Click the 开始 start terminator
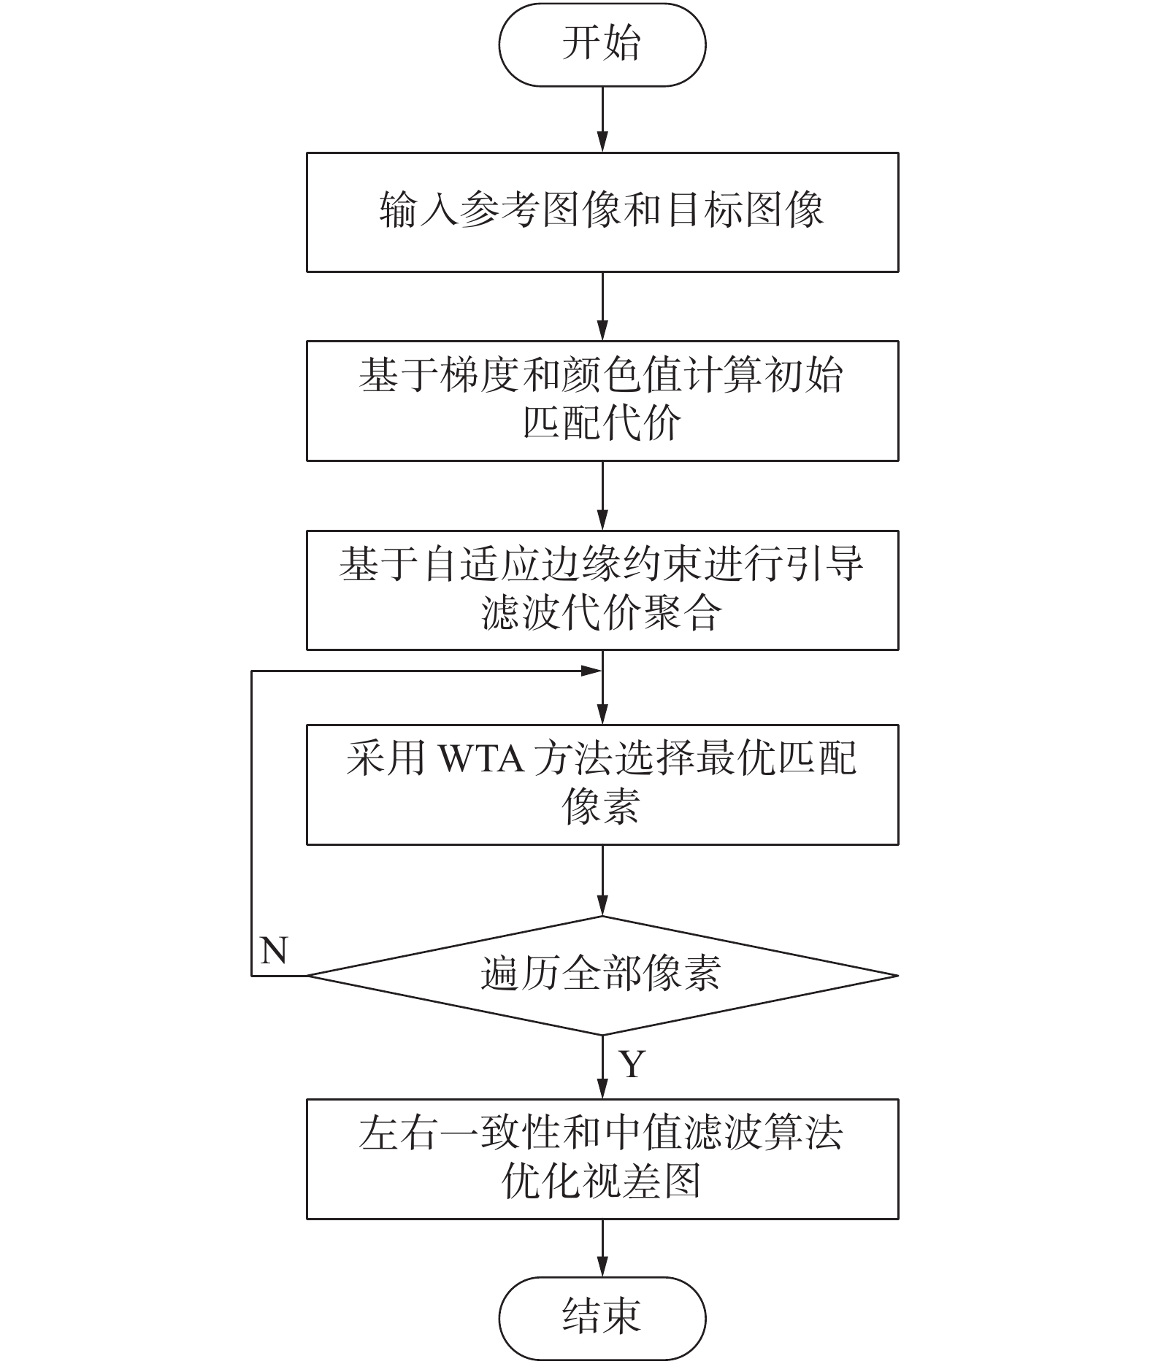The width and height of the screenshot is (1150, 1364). point(602,45)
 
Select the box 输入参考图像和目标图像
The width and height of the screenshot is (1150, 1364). point(602,212)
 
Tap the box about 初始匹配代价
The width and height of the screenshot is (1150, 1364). point(602,400)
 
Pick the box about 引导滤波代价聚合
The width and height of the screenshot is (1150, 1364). point(602,590)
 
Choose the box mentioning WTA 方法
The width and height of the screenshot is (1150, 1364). point(602,784)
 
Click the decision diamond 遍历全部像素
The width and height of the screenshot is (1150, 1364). point(602,975)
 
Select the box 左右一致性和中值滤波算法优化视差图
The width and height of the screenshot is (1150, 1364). point(602,1159)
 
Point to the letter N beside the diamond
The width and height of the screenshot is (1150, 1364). point(274,951)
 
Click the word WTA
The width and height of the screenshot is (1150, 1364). point(480,760)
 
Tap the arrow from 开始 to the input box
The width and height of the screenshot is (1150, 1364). point(602,119)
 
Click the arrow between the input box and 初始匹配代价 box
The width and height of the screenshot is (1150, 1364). point(602,307)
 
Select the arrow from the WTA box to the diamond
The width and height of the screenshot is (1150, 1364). point(602,880)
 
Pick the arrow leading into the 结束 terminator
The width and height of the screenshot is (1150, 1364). point(602,1247)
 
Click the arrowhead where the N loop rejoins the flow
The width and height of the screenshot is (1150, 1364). point(591,671)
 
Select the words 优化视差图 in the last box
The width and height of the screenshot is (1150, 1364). point(602,1181)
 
